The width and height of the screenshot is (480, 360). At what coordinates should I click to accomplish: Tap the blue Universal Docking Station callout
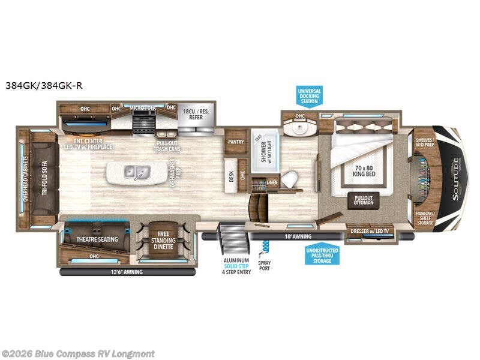[310, 97]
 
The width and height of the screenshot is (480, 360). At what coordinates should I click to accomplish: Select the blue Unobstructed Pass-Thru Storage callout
[322, 256]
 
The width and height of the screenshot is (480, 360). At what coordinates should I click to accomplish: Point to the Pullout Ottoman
[364, 200]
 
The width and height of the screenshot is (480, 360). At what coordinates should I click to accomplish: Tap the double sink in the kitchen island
[136, 172]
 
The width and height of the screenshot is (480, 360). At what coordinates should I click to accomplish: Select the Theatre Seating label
[97, 239]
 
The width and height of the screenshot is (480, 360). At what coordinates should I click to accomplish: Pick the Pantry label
[235, 142]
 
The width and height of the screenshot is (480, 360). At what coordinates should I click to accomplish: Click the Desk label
[230, 176]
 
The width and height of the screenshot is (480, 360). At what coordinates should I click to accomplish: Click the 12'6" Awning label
[126, 272]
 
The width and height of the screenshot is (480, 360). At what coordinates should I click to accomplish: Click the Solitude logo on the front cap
[458, 173]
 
